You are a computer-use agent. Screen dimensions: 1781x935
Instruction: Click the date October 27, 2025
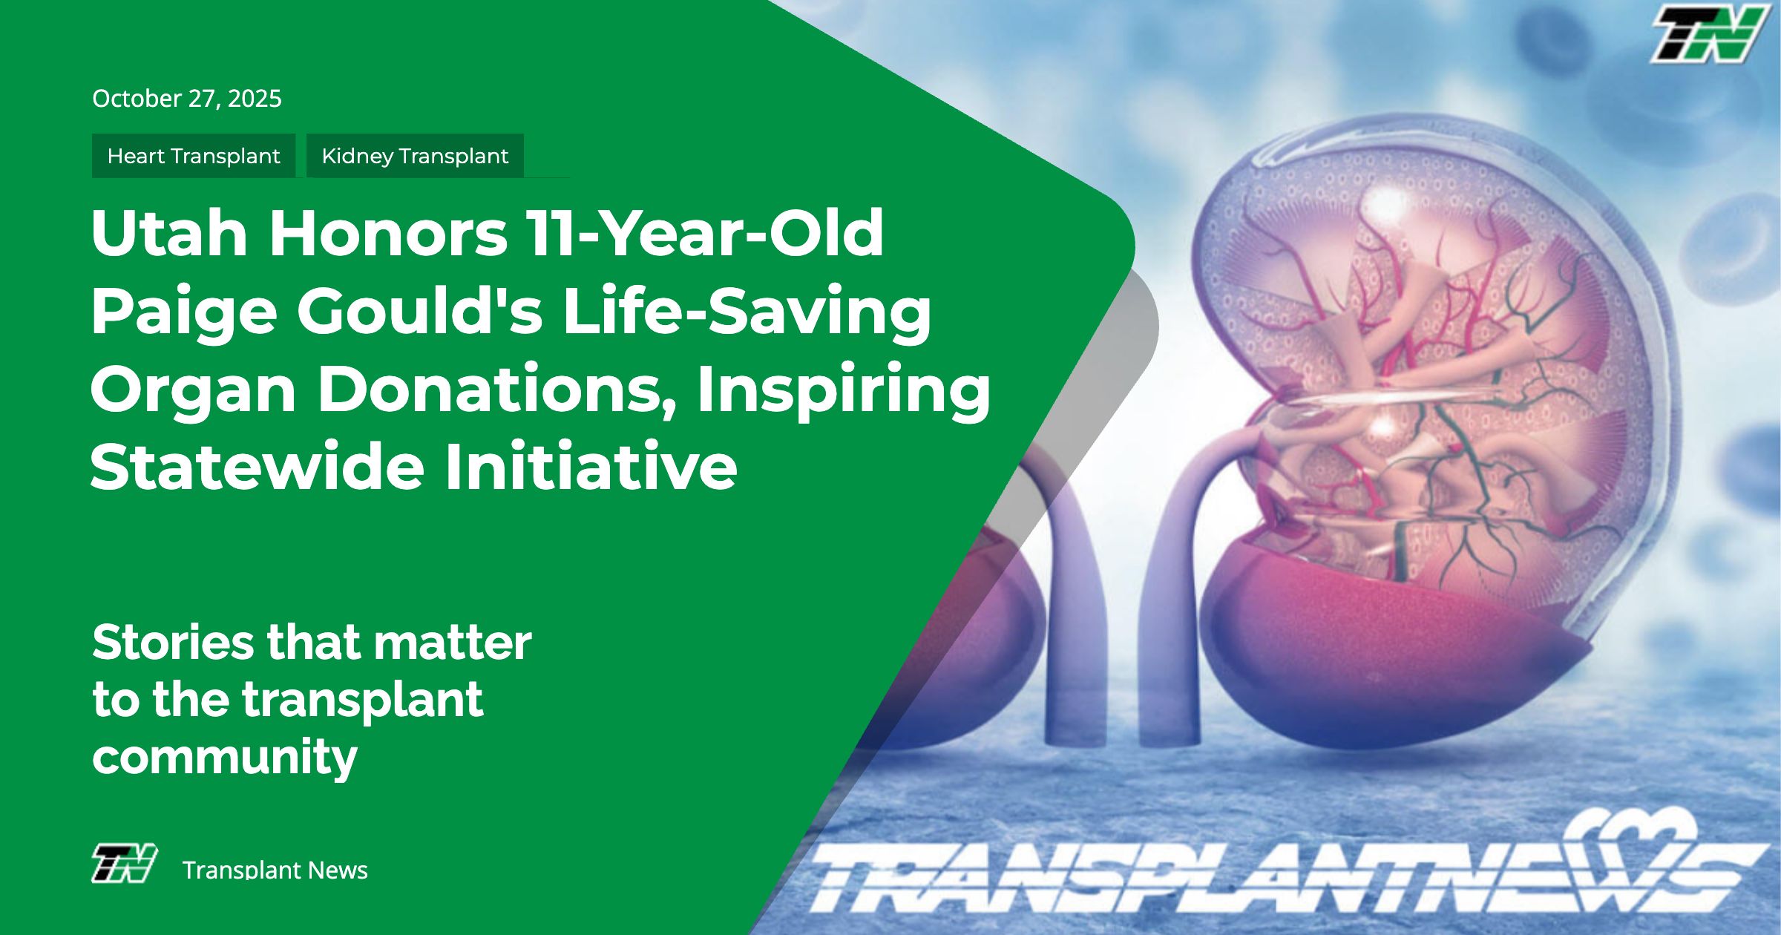[x=187, y=99]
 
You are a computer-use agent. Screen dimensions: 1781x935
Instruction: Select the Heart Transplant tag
[x=194, y=156]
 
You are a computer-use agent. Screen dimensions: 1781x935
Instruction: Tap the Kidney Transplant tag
[x=415, y=156]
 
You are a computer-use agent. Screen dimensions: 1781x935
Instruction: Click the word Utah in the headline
[x=169, y=232]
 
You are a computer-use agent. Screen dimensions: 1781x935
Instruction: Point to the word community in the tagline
[x=225, y=758]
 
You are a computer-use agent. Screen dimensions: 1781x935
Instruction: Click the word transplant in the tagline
[x=363, y=701]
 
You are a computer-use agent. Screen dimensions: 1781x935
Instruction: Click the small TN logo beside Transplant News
[x=124, y=863]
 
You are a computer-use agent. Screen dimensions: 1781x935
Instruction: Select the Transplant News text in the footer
[x=275, y=870]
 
